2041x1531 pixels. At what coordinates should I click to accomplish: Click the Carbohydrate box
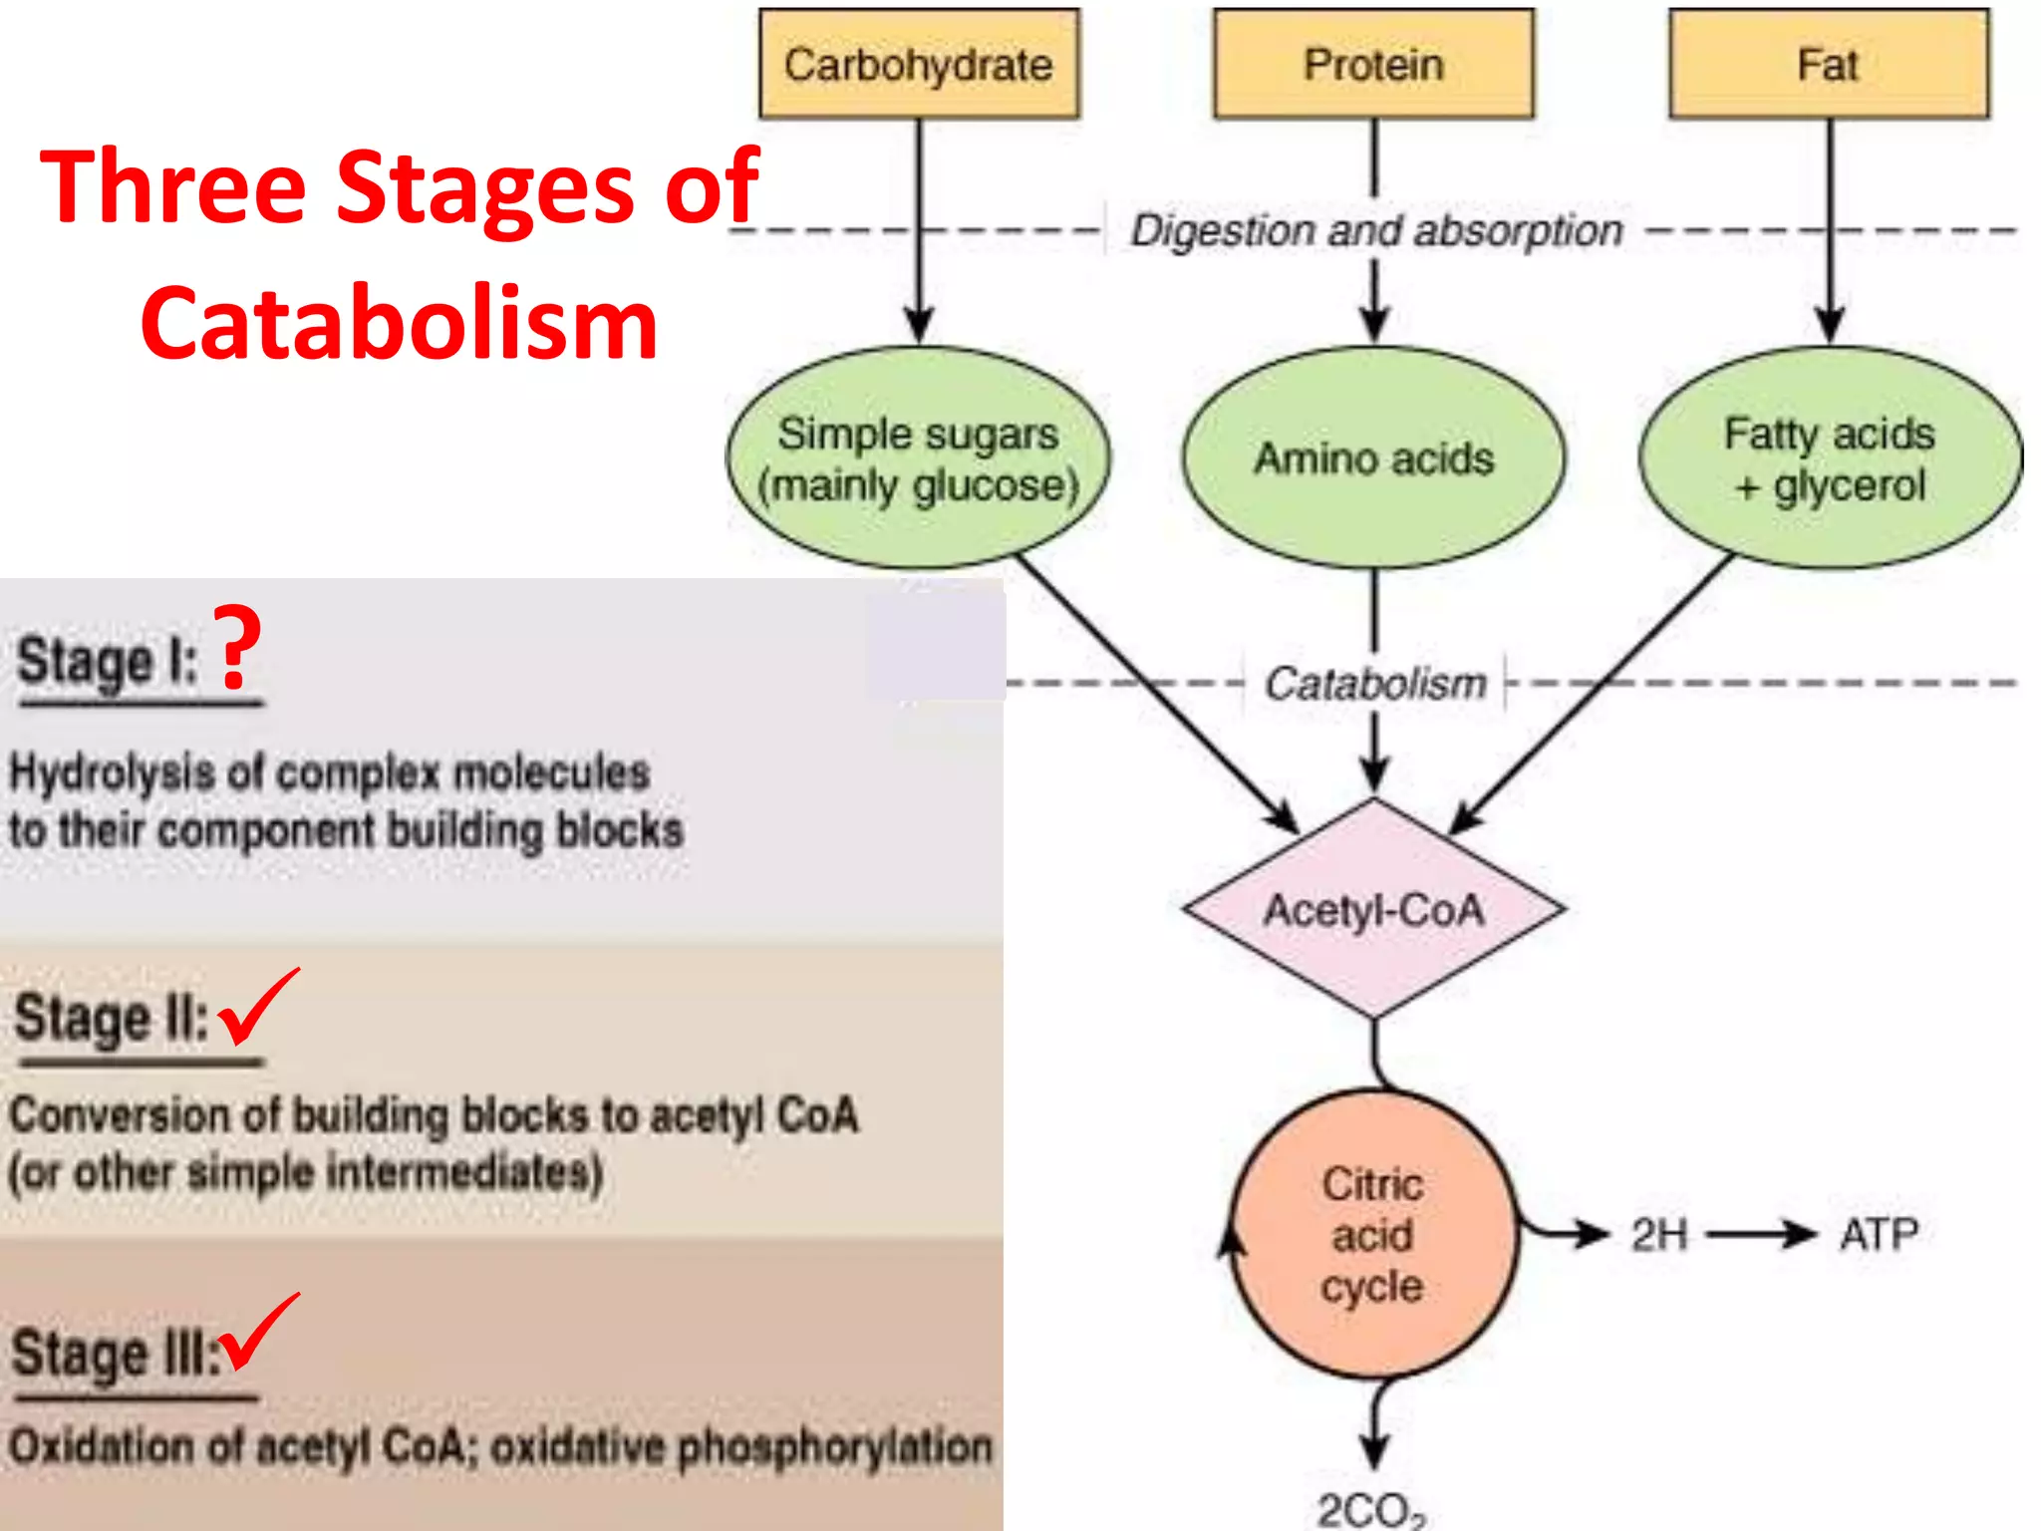tap(918, 65)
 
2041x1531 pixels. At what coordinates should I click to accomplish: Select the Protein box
tap(1373, 65)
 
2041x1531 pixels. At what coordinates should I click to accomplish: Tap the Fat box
tap(1829, 65)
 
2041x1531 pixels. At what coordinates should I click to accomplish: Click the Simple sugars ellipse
tap(918, 459)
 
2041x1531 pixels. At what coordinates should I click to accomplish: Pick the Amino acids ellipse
tap(1373, 459)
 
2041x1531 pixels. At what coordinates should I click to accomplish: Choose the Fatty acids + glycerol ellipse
tap(1830, 459)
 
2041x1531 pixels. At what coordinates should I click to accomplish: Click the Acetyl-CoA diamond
tap(1373, 910)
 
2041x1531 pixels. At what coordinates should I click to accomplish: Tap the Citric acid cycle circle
tap(1373, 1234)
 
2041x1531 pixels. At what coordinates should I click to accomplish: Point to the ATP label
tap(1879, 1235)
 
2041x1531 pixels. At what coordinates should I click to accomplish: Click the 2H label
tap(1659, 1235)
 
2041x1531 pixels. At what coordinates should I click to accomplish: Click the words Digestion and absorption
tap(1375, 231)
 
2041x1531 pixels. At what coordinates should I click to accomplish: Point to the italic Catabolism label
tap(1375, 684)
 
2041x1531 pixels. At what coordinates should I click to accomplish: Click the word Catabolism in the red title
tap(399, 324)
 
